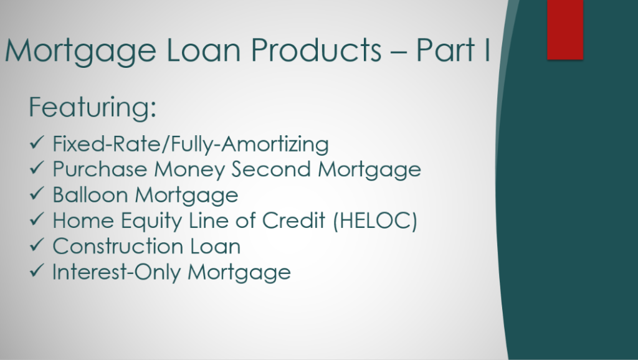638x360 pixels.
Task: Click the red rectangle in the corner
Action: click(x=565, y=30)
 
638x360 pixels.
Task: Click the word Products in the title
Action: click(x=316, y=50)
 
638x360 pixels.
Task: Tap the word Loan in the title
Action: click(x=204, y=50)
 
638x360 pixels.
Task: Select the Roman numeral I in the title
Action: click(x=487, y=50)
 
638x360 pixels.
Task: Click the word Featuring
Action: click(x=92, y=107)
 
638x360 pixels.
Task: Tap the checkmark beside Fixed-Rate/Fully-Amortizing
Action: click(x=37, y=143)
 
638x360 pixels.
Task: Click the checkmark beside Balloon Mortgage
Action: click(x=37, y=193)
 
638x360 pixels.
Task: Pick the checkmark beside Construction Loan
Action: click(x=37, y=245)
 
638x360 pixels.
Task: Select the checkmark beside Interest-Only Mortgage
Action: click(x=37, y=270)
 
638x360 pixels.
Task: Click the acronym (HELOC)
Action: click(x=375, y=221)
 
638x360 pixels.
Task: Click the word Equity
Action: click(x=151, y=222)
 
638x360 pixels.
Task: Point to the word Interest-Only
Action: click(x=117, y=272)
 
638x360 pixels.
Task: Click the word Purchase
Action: click(x=100, y=169)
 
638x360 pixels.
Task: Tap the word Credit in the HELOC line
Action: click(x=293, y=221)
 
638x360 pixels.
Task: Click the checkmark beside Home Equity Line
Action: click(x=37, y=219)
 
